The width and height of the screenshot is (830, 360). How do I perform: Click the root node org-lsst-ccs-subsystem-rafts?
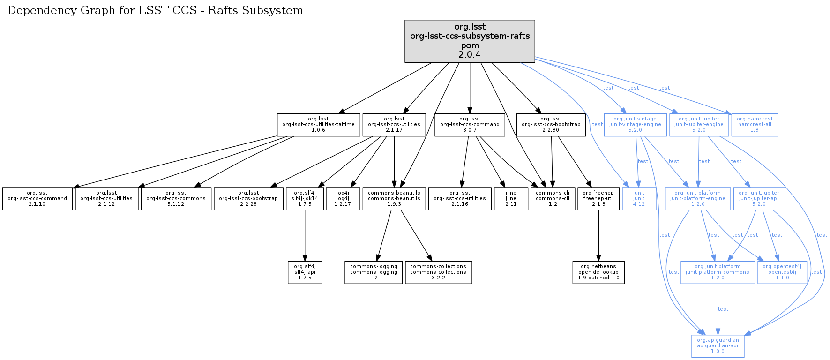(470, 41)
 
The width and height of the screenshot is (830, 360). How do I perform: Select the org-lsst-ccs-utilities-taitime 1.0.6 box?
(318, 125)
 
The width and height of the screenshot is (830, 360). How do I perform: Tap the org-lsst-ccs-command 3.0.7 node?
(470, 125)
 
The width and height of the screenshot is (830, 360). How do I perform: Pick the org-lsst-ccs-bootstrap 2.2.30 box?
(551, 125)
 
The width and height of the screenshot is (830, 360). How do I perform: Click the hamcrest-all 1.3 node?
(755, 125)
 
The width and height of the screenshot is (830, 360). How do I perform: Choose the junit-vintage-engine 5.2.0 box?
(635, 125)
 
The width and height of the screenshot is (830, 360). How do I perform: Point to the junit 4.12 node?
(639, 199)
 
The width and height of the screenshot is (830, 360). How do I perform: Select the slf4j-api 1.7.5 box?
(305, 272)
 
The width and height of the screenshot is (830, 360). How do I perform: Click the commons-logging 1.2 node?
(374, 272)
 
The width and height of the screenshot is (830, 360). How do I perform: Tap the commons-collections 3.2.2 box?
(438, 272)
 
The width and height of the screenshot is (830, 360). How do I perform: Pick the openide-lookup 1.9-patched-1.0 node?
(598, 272)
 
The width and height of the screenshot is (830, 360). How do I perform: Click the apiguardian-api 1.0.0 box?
(718, 346)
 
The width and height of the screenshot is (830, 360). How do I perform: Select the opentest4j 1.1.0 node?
(782, 272)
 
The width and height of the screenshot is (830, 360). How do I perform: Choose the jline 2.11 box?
(511, 199)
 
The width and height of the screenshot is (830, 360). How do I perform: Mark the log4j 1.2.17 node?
(343, 199)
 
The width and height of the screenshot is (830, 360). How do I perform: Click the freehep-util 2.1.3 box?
(598, 199)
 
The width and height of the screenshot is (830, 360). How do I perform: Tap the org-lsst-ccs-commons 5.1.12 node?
(176, 199)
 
